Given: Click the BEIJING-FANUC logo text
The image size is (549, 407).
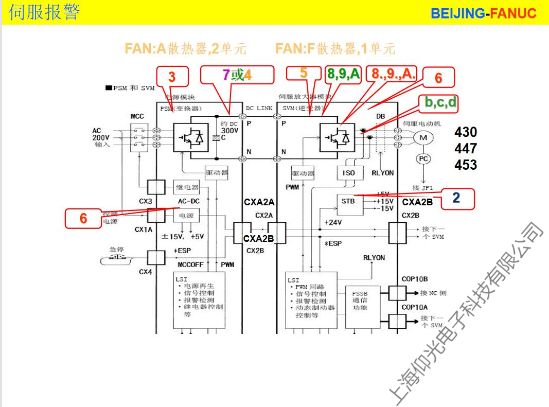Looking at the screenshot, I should [483, 13].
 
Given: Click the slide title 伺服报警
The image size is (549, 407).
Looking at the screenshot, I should [44, 12].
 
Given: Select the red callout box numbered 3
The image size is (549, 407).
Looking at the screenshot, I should [172, 77].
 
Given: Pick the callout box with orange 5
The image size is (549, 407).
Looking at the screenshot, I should [304, 73].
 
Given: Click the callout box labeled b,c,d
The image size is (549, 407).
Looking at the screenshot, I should [440, 102].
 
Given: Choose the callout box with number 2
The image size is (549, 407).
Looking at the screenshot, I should [455, 197].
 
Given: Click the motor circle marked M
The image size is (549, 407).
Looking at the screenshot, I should [423, 137].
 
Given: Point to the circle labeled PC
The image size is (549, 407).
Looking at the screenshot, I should [423, 159].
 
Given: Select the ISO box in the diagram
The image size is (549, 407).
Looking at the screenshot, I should [348, 173].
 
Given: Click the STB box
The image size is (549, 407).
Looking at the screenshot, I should [348, 201].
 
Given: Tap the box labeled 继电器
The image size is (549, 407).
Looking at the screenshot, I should [188, 187].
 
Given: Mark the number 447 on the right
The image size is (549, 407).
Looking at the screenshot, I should [465, 149].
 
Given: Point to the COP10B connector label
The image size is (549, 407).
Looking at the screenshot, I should [414, 279].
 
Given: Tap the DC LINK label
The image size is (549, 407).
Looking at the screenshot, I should [259, 109].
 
